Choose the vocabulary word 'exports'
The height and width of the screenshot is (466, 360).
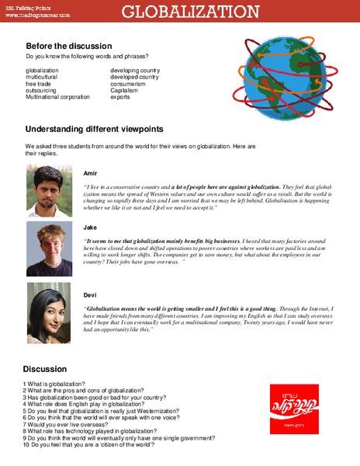[120, 98]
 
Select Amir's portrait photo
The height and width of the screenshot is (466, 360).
[50, 190]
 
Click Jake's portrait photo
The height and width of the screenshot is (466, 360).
[50, 249]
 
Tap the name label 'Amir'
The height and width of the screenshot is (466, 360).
[91, 172]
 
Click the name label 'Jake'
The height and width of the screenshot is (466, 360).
[90, 228]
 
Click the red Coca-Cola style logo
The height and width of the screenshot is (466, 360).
[292, 408]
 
